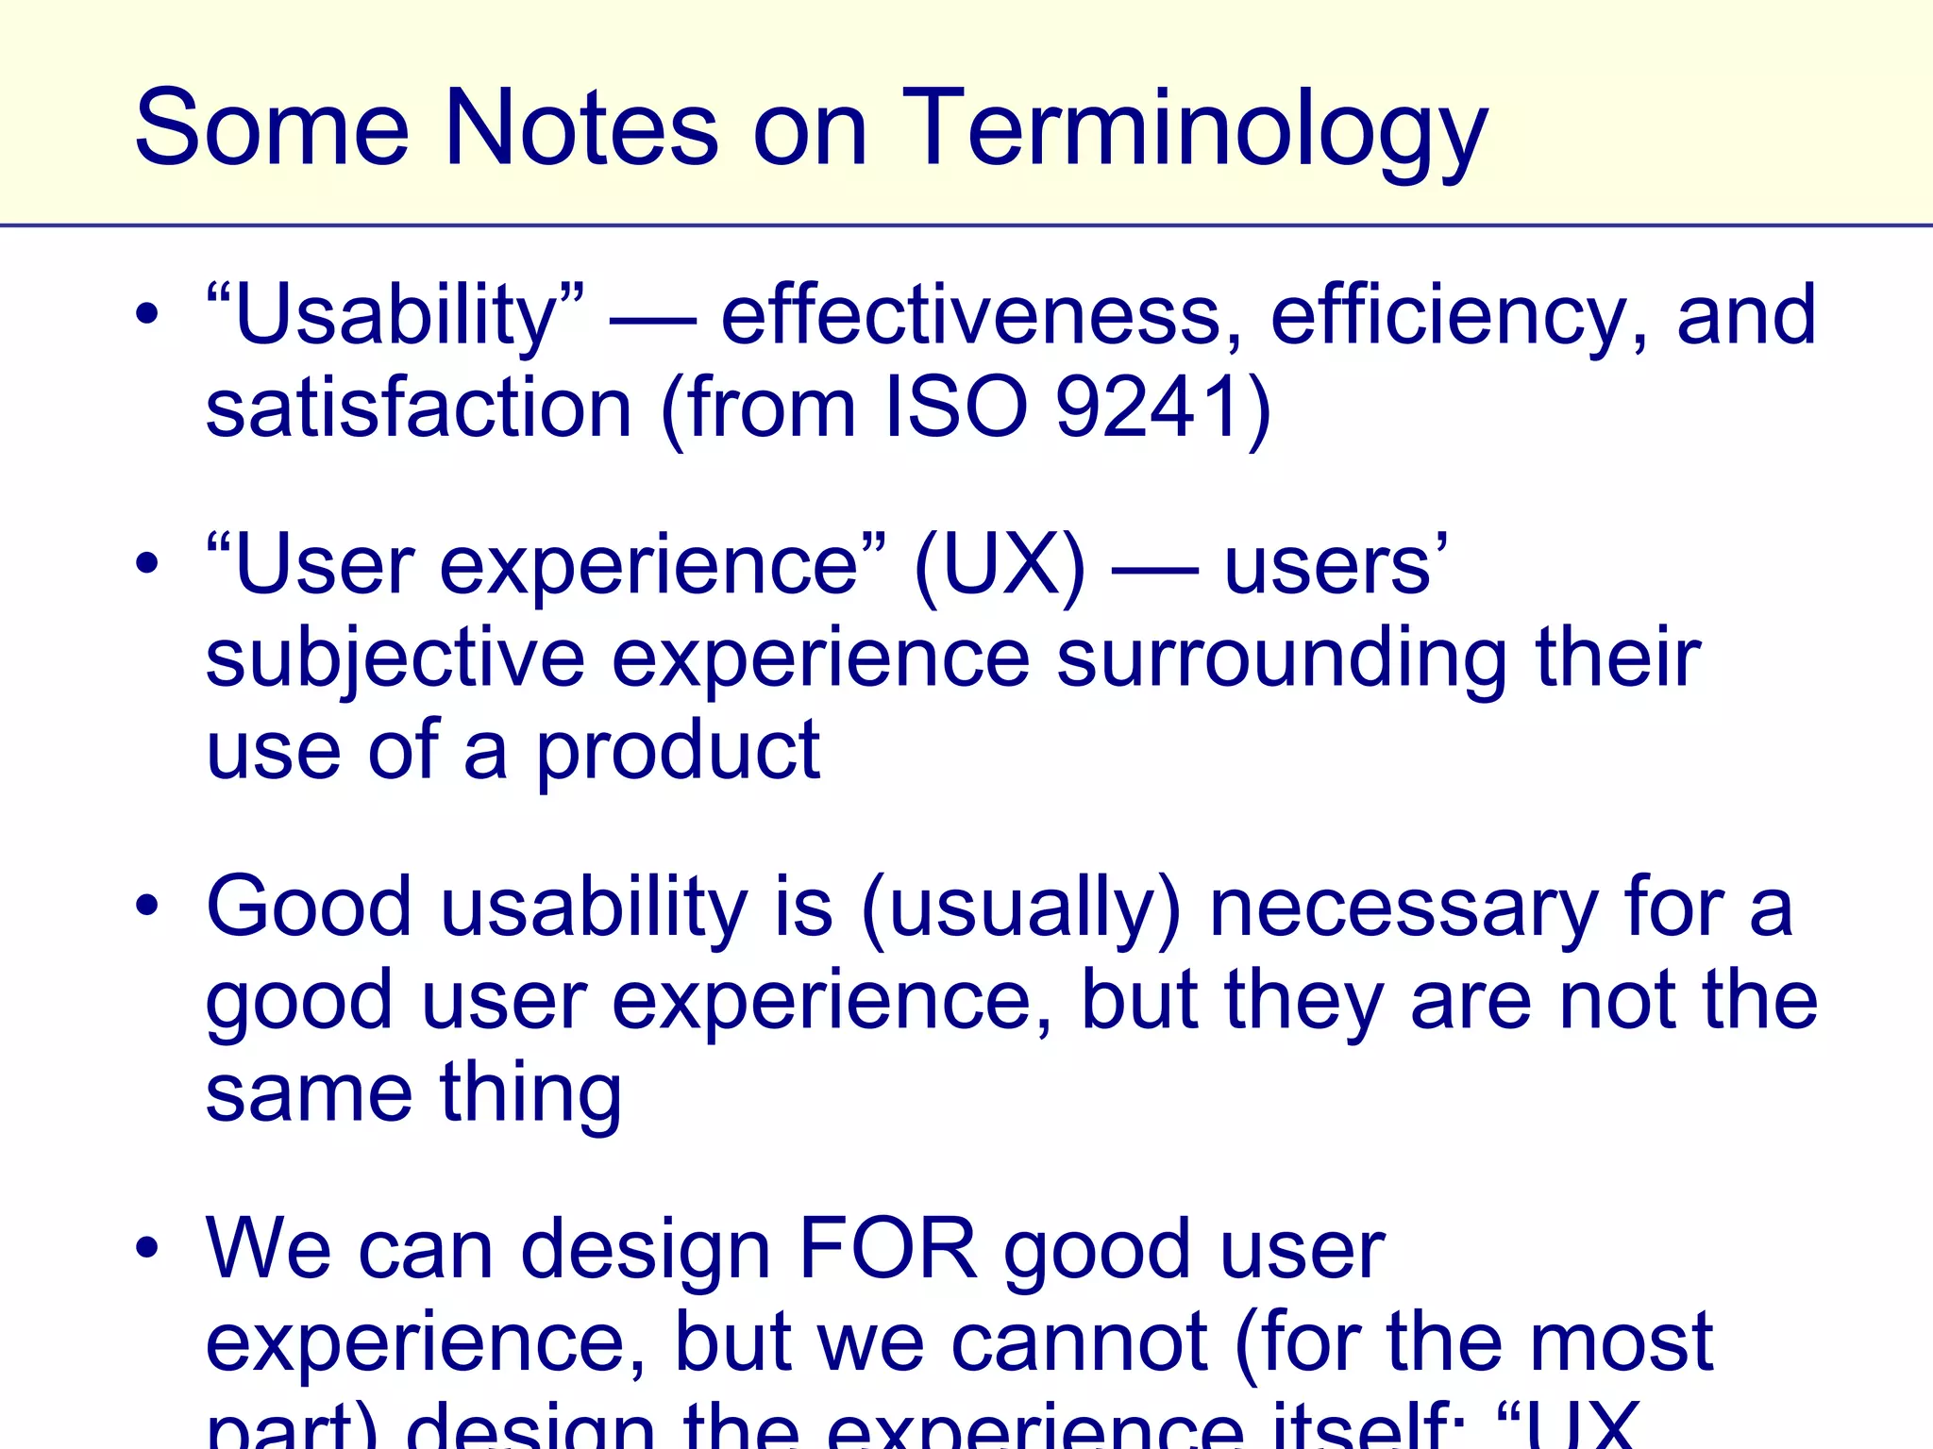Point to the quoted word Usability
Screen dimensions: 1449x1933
[395, 316]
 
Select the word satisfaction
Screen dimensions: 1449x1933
[418, 408]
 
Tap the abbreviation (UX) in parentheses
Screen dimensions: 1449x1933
[1000, 566]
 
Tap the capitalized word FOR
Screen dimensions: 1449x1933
[887, 1249]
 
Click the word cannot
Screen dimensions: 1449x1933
[1079, 1341]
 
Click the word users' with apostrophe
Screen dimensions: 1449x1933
[1336, 566]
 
